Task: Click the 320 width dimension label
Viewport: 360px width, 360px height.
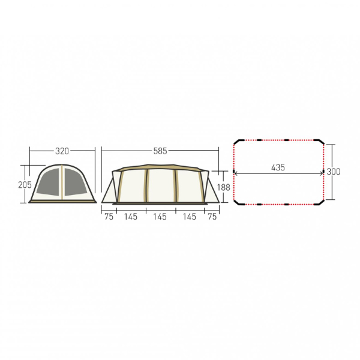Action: (62, 151)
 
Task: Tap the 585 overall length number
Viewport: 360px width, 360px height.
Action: (160, 151)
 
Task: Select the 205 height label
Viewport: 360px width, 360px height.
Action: (25, 185)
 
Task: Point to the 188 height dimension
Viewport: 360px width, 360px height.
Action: (223, 187)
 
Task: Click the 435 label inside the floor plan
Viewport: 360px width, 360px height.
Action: (278, 167)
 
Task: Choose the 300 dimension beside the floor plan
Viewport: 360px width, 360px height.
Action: (334, 172)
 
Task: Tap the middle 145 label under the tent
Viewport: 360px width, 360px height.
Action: (160, 217)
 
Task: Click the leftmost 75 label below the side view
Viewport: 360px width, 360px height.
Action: (109, 217)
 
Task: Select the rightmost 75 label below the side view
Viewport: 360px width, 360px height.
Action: (212, 217)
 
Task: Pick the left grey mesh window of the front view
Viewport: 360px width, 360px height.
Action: (49, 182)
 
